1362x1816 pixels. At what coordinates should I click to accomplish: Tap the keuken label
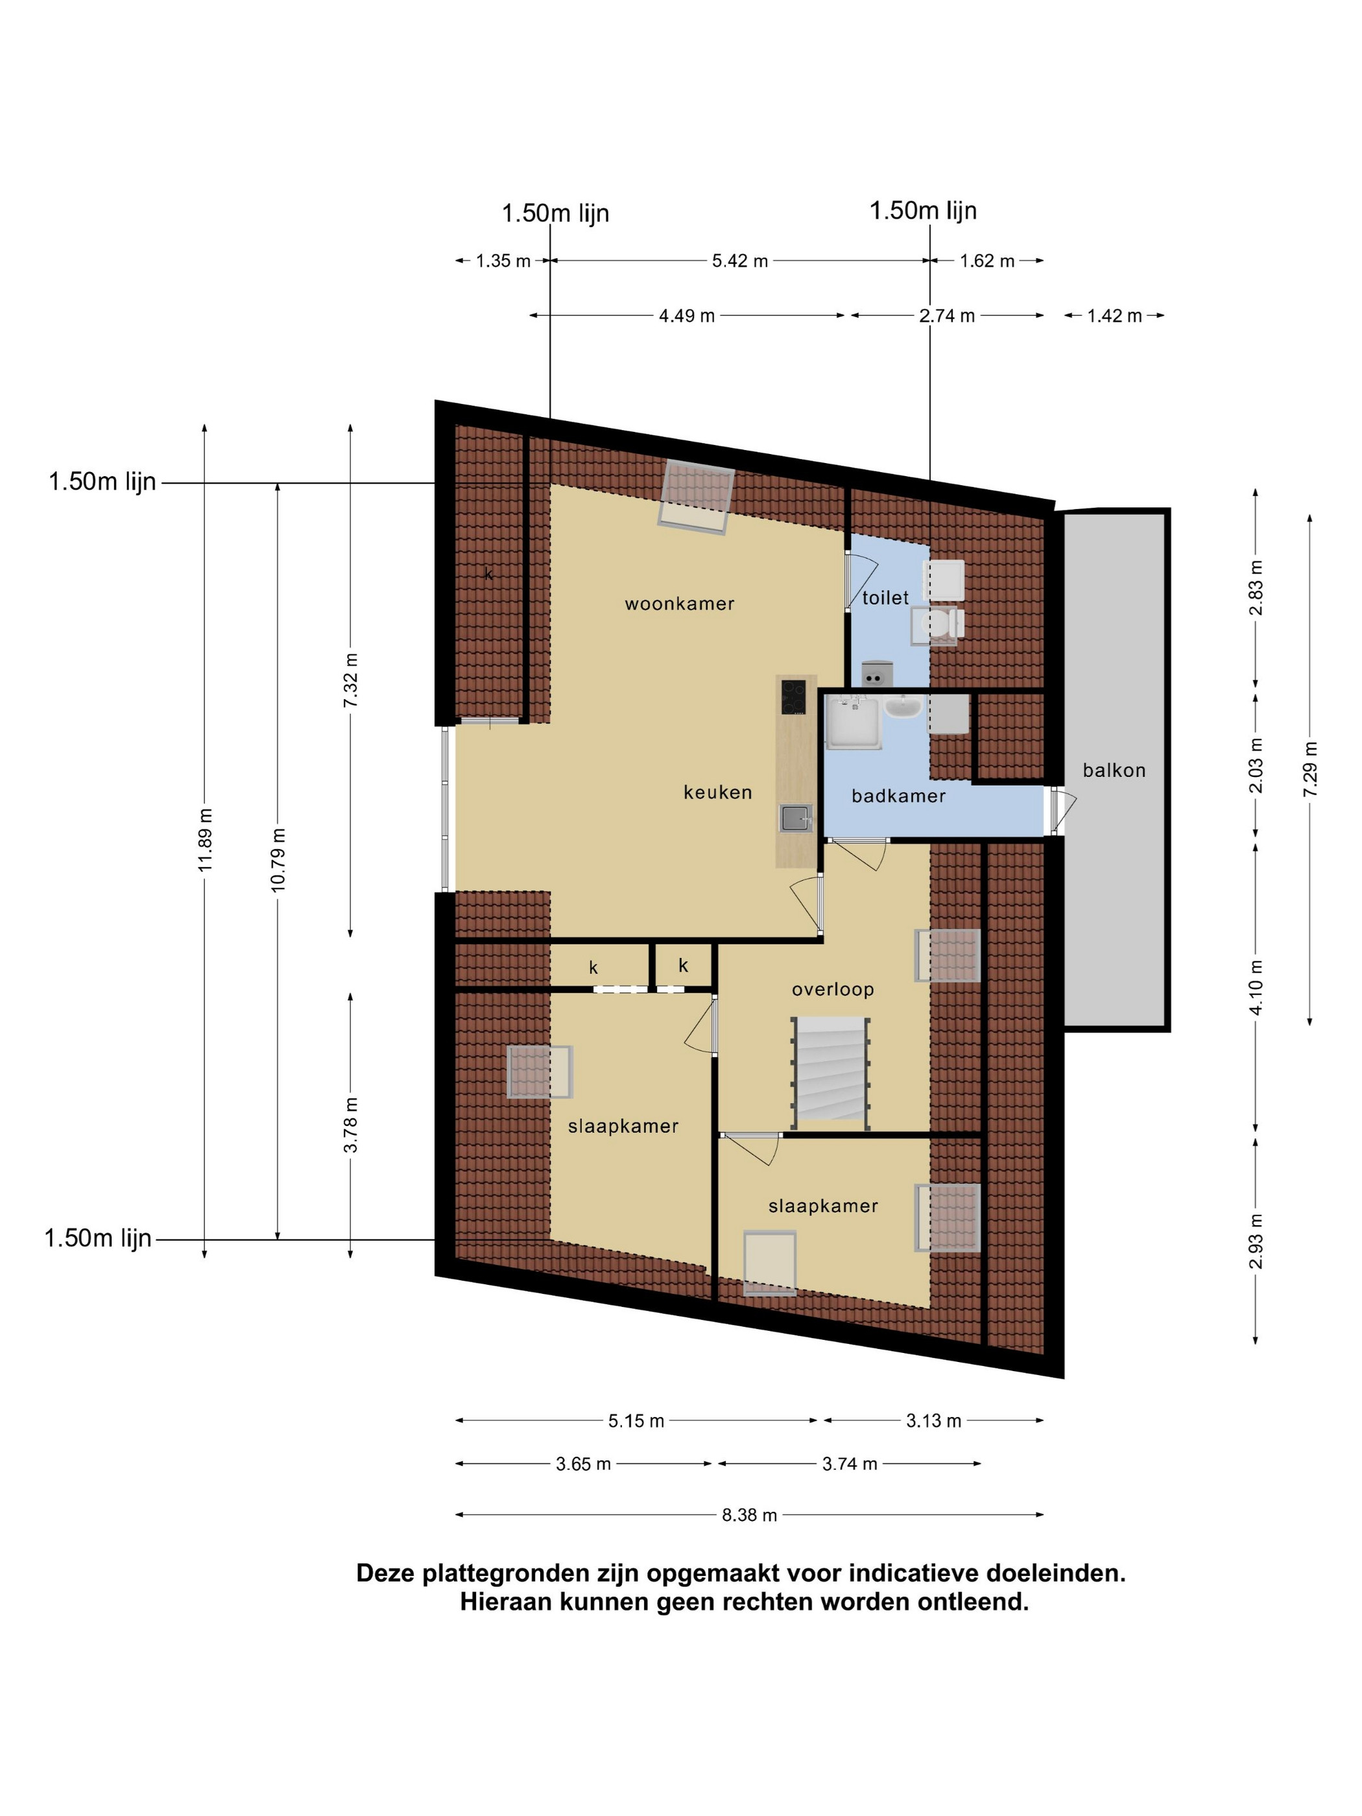717,793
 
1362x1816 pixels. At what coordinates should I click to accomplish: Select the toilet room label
885,598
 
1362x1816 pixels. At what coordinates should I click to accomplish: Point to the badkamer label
898,796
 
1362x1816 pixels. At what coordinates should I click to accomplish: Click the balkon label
1113,770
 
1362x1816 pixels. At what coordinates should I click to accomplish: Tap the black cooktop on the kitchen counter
793,698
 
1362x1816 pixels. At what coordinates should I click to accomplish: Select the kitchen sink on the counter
794,818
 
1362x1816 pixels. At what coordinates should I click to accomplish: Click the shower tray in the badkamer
854,723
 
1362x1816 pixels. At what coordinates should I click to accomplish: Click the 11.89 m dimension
205,841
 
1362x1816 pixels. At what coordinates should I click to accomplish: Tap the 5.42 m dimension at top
740,261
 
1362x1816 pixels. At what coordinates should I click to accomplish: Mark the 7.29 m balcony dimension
1309,769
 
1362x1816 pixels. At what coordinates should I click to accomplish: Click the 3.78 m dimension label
351,1125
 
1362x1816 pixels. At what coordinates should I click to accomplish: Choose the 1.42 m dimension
1114,316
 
